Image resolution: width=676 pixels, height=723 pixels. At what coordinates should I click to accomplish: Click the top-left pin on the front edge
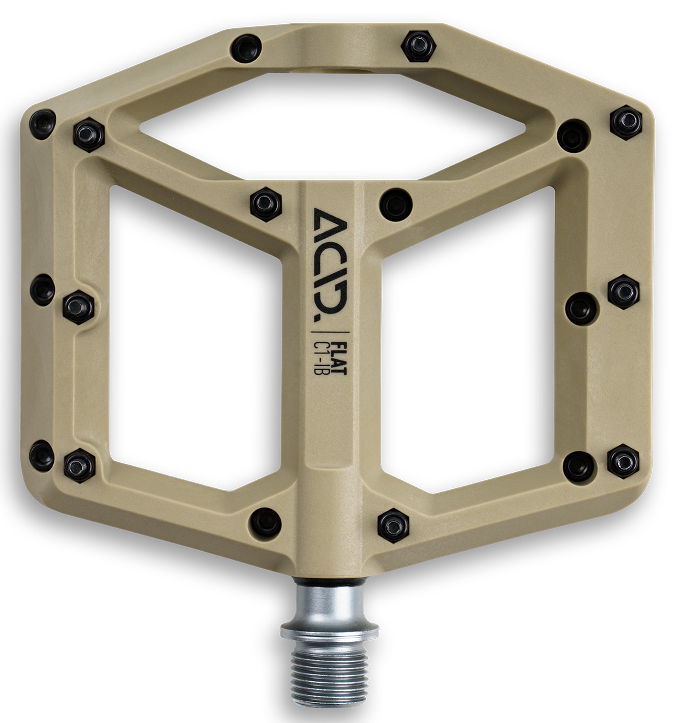click(x=247, y=48)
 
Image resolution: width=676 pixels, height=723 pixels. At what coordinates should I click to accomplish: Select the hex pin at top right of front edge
click(x=419, y=46)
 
